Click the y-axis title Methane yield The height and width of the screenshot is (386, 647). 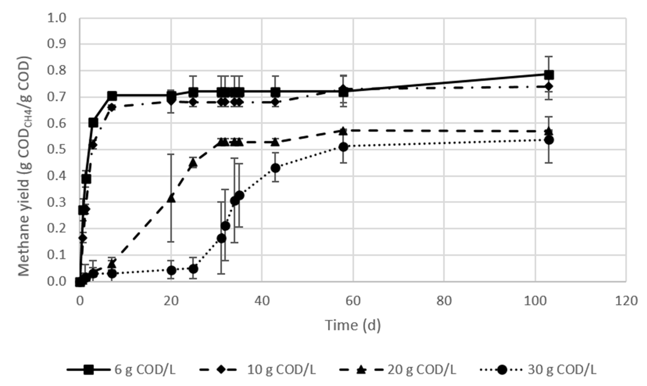pos(25,166)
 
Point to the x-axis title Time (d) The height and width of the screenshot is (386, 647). pos(353,325)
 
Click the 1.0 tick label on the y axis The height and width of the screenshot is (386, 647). pos(57,18)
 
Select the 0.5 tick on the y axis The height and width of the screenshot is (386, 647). pos(57,150)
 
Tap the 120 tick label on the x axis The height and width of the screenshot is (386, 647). pos(625,301)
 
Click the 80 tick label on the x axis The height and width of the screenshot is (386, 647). pos(444,301)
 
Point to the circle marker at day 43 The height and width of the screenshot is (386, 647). pos(275,168)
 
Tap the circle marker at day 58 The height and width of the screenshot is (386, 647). pos(343,147)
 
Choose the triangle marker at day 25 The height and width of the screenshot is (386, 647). pos(193,163)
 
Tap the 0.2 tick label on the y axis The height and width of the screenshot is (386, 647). pos(57,229)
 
